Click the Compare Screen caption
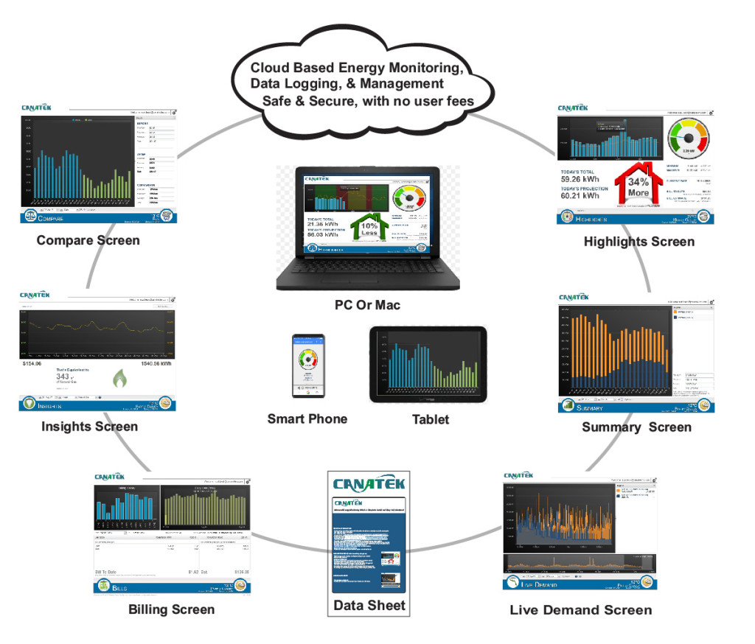(x=88, y=240)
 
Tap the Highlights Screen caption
(x=639, y=241)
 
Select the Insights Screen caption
(x=89, y=427)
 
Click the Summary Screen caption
(x=636, y=427)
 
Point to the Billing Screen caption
(x=171, y=609)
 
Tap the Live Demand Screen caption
(x=581, y=609)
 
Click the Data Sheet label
(x=369, y=605)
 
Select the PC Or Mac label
(x=367, y=304)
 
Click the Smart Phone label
(x=307, y=419)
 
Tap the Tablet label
(x=430, y=419)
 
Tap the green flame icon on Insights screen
(x=119, y=379)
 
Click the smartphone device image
(x=307, y=365)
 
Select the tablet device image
(x=428, y=364)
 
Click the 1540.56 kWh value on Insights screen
(x=157, y=364)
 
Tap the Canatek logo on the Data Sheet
(x=369, y=483)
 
